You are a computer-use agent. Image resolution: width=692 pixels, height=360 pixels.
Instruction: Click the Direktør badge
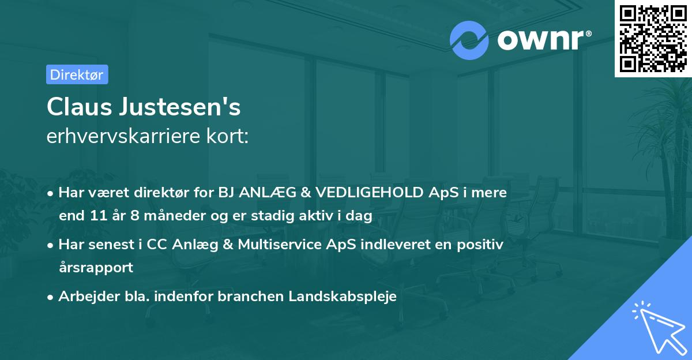coord(77,74)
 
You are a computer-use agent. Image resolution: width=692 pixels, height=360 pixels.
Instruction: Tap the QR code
coord(653,39)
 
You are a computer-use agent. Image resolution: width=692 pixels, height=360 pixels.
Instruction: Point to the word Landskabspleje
coord(344,297)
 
